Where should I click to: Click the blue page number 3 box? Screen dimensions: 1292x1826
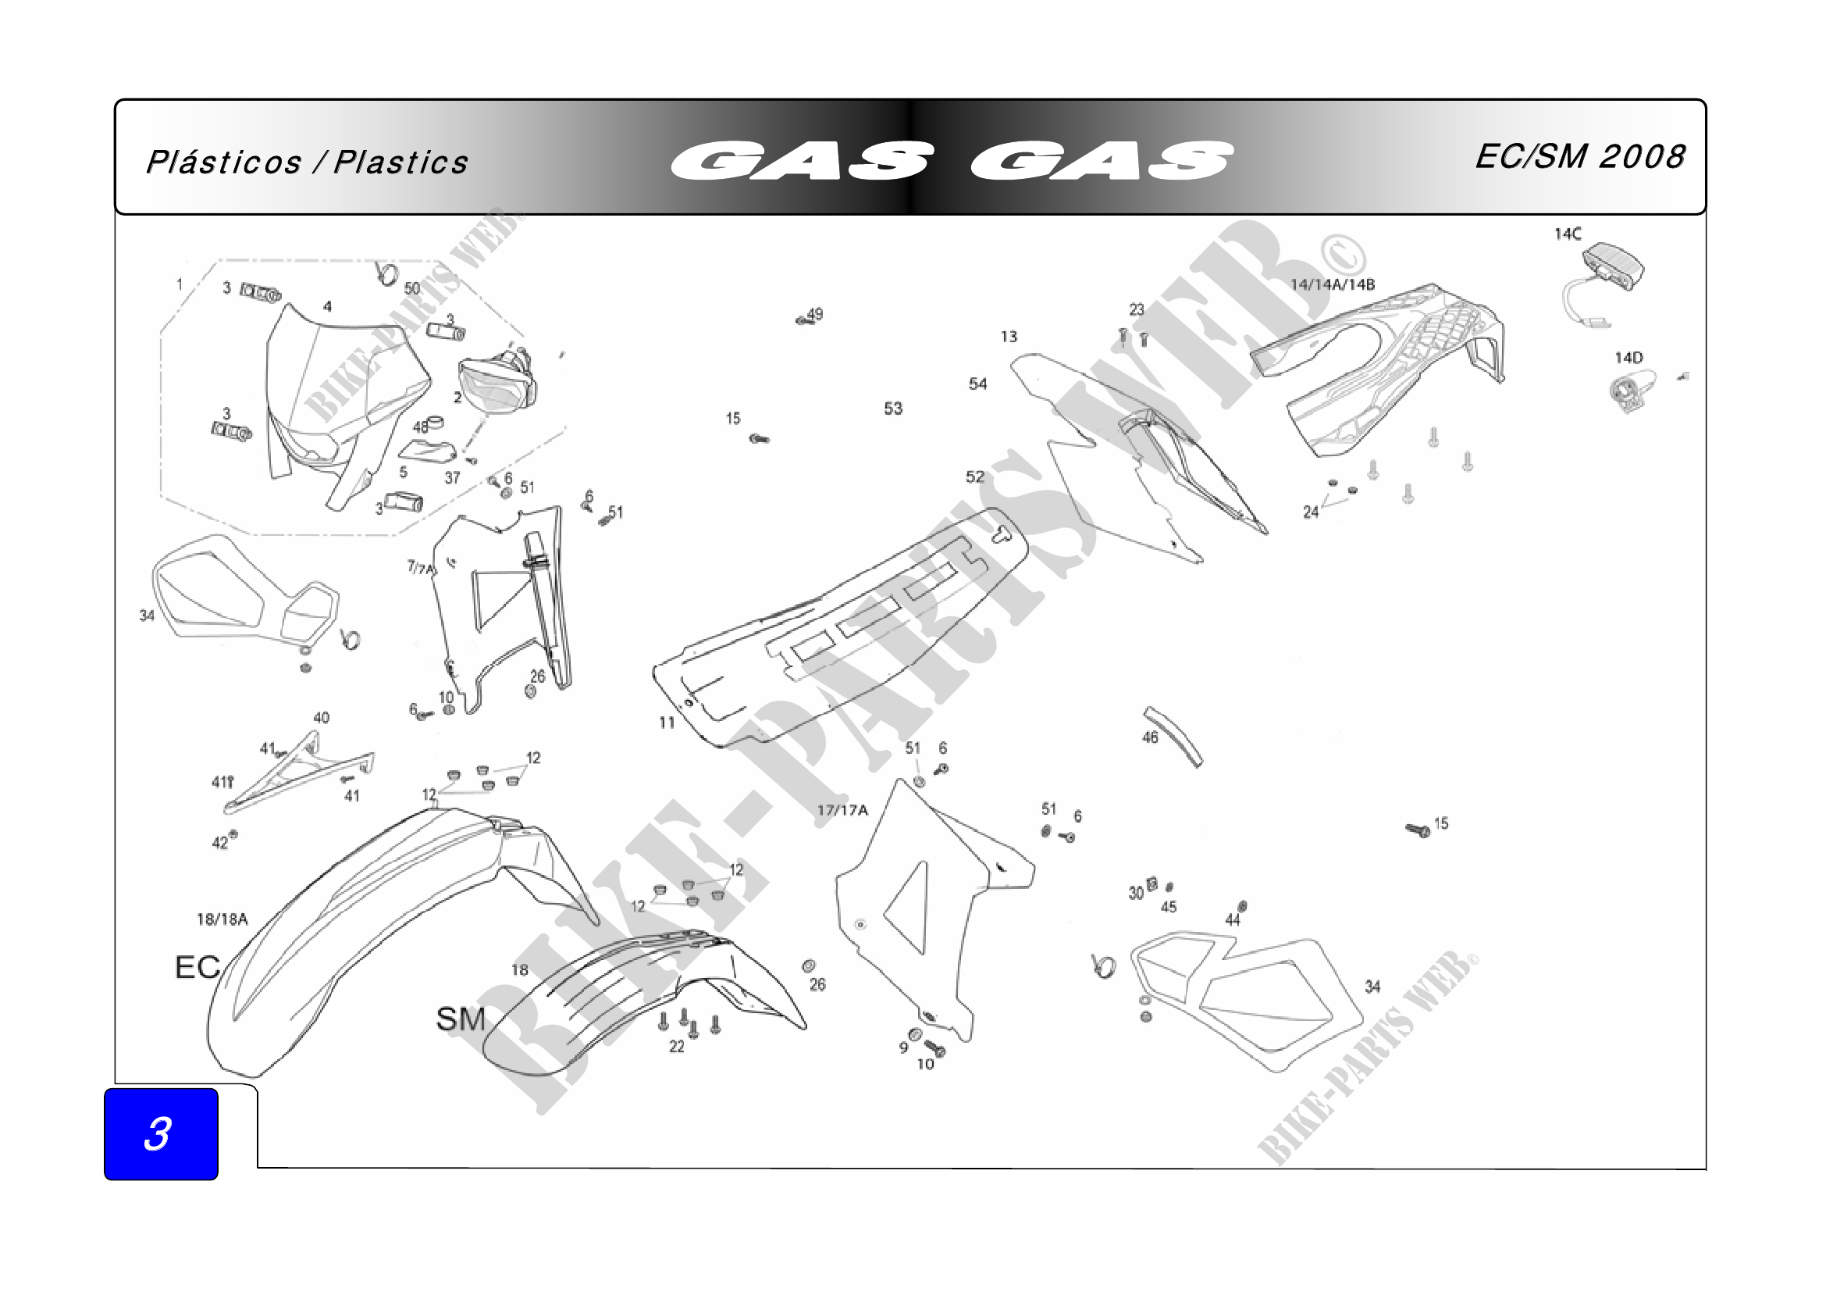[x=161, y=1133]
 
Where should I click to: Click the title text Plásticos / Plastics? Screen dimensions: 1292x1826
[x=307, y=162]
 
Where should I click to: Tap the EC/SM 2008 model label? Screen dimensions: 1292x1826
[x=1579, y=157]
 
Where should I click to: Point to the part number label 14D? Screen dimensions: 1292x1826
[x=1628, y=358]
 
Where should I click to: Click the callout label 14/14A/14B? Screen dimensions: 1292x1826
[x=1332, y=285]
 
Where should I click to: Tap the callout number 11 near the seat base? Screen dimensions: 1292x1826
[x=667, y=723]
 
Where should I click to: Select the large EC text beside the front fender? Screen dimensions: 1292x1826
[x=198, y=967]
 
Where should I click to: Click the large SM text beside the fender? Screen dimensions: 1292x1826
[x=461, y=1019]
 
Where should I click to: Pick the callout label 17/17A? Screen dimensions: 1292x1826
[x=842, y=811]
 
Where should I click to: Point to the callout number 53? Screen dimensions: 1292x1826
[x=893, y=409]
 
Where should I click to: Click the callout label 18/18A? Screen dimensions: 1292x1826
[x=222, y=919]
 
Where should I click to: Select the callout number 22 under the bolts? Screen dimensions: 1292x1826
[x=676, y=1047]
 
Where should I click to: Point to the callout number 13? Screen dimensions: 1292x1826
[x=1009, y=337]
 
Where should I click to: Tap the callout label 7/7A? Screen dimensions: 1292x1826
[x=421, y=568]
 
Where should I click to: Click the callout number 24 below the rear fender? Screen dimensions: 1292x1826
[x=1311, y=512]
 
